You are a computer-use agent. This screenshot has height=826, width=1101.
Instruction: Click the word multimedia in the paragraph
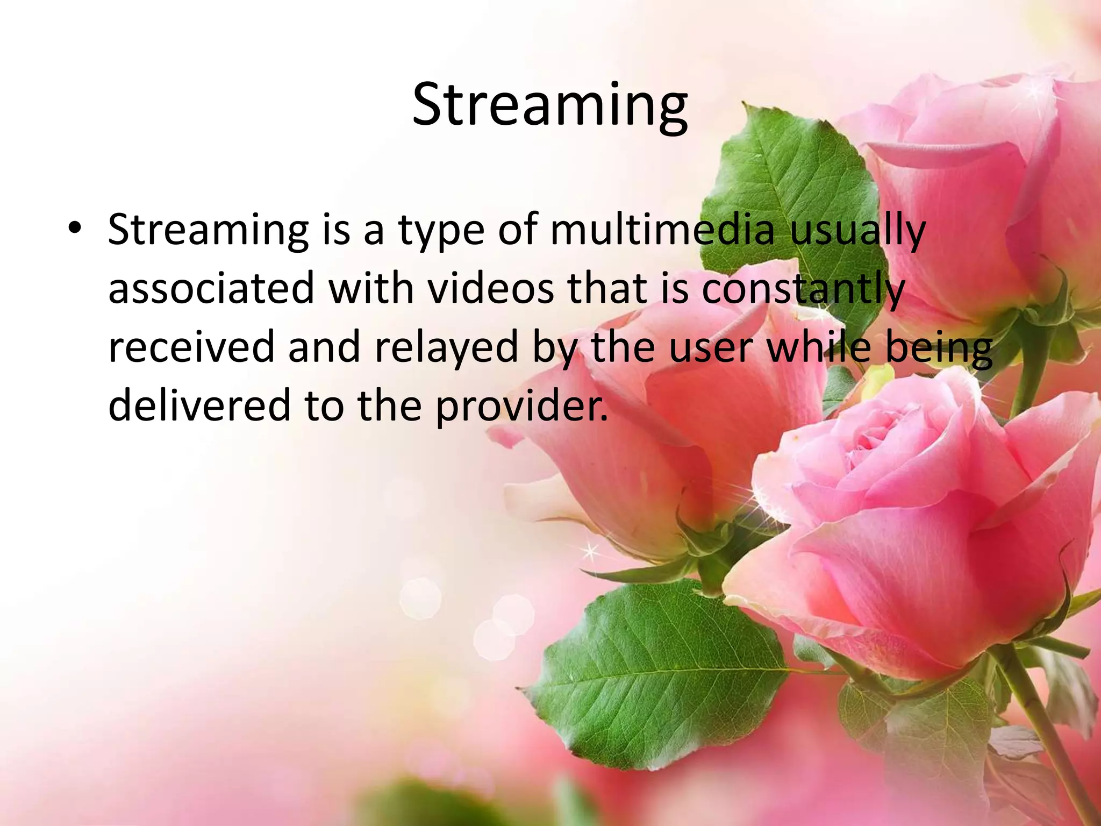662,230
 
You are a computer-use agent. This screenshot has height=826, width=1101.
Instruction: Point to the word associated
211,288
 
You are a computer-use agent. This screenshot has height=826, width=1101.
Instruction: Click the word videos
490,288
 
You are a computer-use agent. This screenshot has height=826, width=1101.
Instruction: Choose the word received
191,347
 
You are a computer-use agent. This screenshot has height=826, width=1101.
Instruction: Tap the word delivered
199,405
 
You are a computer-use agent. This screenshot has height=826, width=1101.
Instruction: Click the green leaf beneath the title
790,177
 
